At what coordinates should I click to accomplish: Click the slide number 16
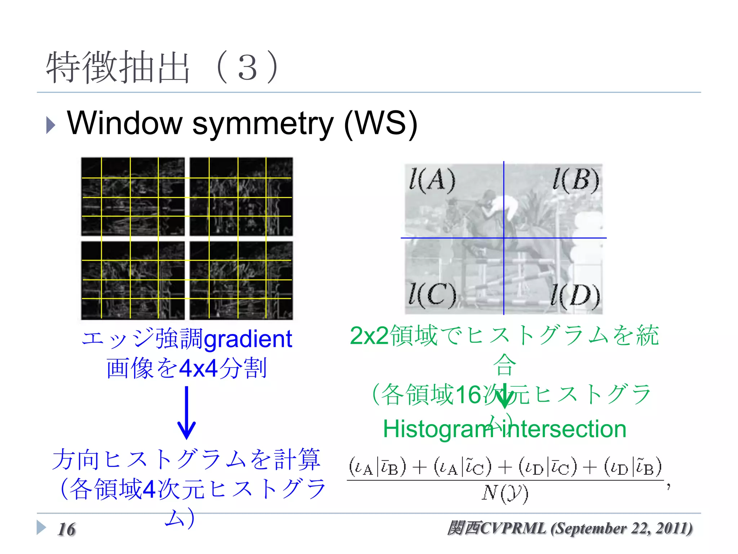67,529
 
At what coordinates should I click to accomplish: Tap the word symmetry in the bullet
263,124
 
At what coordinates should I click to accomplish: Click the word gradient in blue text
248,339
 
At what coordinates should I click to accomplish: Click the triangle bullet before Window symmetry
51,126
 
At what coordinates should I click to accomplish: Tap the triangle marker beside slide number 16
41,528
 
